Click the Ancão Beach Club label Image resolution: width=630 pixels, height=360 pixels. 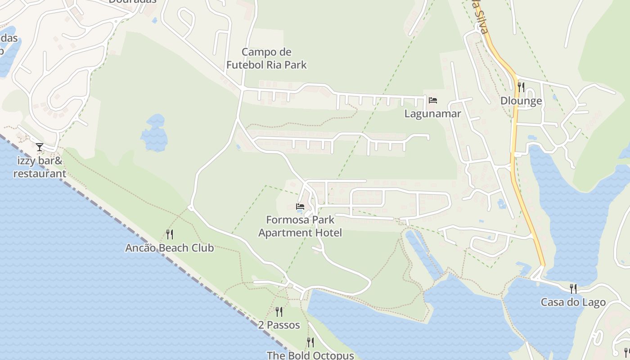click(169, 248)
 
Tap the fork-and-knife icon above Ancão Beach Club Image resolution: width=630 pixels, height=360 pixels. click(169, 234)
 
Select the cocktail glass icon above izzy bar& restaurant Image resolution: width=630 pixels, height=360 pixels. click(40, 147)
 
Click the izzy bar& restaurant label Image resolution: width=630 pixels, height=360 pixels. click(40, 167)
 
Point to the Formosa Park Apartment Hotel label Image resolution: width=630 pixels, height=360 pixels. click(300, 226)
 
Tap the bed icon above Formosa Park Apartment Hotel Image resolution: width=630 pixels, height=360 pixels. click(300, 207)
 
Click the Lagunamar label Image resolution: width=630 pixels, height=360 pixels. click(432, 113)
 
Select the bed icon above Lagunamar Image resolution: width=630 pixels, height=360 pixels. click(433, 100)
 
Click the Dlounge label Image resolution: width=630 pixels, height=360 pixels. click(521, 101)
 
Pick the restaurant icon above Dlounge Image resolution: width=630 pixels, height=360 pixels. click(521, 87)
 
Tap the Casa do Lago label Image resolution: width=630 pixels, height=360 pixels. click(573, 302)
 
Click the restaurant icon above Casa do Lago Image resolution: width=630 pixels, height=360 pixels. click(573, 288)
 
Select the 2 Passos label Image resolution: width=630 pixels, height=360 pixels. click(279, 325)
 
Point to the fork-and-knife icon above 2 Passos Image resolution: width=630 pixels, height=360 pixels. click(279, 311)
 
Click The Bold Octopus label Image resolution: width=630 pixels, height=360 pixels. click(310, 355)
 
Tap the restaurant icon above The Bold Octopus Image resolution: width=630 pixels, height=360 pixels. click(310, 342)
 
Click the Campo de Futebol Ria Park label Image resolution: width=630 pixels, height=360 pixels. click(266, 58)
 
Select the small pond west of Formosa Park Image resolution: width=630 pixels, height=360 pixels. click(154, 132)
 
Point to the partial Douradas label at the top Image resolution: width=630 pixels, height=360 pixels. click(133, 1)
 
